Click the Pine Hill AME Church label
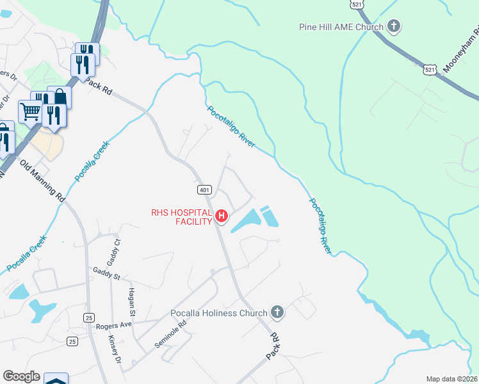(341, 27)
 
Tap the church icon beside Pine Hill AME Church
(394, 27)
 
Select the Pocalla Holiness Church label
(218, 313)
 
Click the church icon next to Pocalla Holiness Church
(277, 312)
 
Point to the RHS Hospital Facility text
(181, 217)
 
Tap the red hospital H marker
(222, 216)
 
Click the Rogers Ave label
(113, 326)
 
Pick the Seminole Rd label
(170, 334)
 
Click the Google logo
(21, 376)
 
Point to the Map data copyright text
(451, 379)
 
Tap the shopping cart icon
(30, 111)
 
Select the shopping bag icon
(60, 97)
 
